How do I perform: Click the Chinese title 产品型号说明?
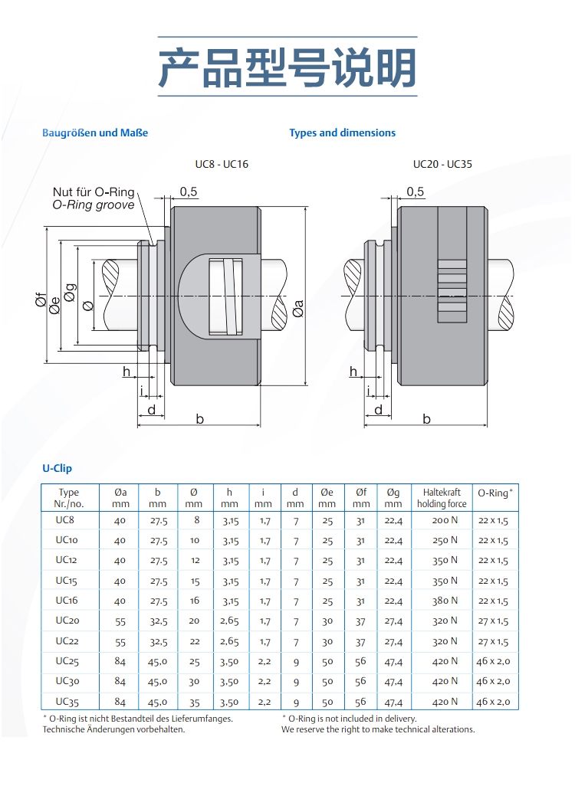(287, 67)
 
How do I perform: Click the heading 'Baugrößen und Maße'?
(95, 133)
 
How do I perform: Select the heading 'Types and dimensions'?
(342, 133)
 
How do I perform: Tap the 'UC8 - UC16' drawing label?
(222, 164)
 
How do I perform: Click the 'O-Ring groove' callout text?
(93, 205)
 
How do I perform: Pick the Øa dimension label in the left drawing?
(297, 308)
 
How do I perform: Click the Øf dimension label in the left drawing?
(41, 301)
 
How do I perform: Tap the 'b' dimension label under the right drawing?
(427, 418)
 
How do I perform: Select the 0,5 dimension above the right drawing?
(416, 192)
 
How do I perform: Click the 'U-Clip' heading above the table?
(57, 468)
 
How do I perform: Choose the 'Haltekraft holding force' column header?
(441, 498)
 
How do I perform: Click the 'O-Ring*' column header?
(495, 493)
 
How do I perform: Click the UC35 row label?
(67, 701)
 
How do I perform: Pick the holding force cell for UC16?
(445, 601)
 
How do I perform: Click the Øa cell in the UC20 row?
(120, 621)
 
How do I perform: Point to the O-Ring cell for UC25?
(493, 661)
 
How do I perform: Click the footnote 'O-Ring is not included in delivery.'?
(353, 719)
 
